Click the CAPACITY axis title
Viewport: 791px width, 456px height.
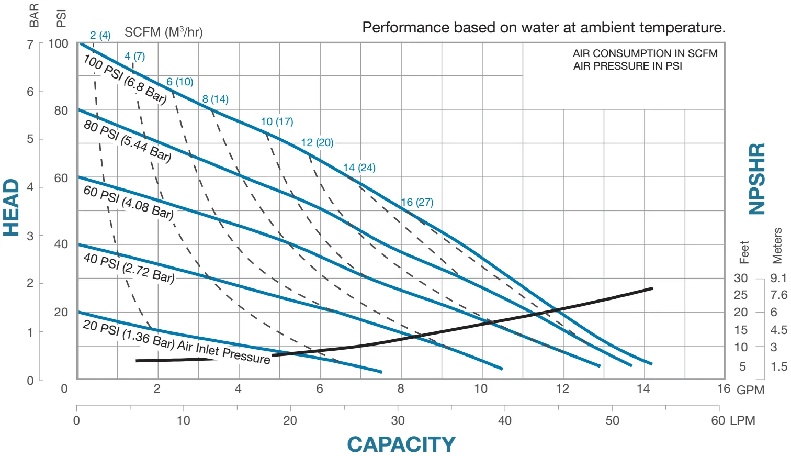tap(401, 444)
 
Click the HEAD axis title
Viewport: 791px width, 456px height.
tap(12, 208)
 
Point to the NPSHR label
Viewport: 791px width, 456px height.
tap(757, 179)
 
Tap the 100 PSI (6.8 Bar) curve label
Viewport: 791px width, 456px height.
tap(125, 79)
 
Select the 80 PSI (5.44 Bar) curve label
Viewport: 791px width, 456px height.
tap(127, 141)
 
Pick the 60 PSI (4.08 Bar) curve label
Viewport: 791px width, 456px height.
tap(128, 202)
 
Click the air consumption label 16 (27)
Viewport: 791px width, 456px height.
tap(417, 202)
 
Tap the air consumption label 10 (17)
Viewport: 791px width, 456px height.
tap(277, 121)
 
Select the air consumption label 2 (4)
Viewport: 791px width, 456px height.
tap(100, 35)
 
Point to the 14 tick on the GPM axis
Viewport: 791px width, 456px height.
tap(643, 388)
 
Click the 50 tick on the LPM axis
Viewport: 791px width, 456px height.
tap(612, 420)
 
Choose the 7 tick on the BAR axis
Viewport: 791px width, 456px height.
tap(30, 45)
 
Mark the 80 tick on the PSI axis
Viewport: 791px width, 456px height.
tap(61, 110)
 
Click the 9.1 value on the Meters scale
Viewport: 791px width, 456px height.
tap(778, 278)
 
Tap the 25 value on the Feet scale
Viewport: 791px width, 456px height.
tap(741, 295)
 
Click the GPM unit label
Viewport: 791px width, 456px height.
tap(751, 390)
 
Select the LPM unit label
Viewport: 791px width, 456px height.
tap(743, 420)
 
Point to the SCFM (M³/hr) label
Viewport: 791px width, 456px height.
tap(163, 32)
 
